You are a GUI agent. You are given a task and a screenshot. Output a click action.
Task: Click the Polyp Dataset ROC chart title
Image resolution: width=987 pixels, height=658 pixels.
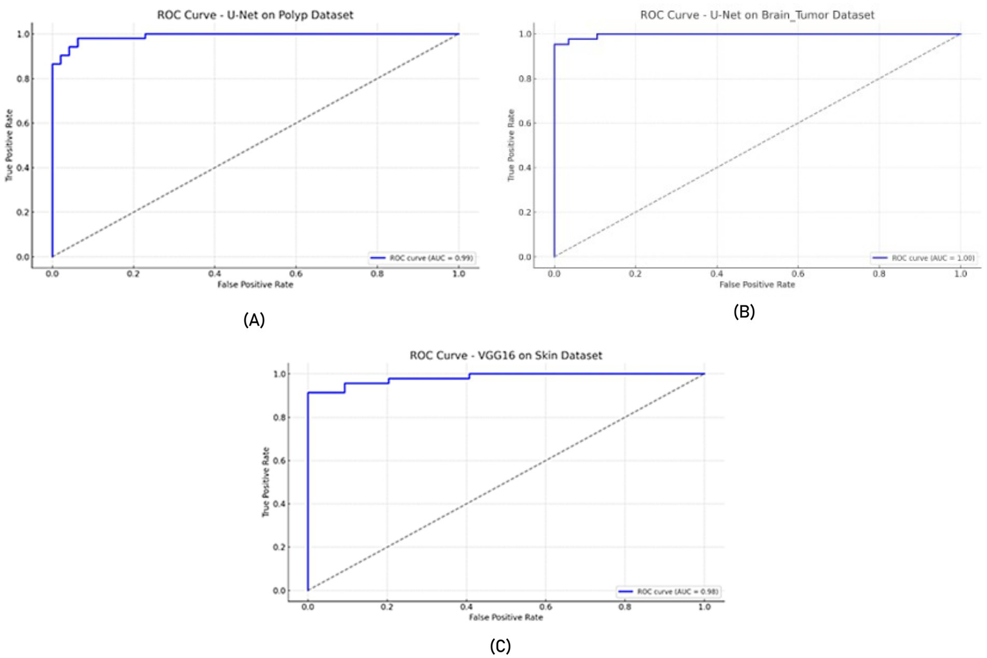pyautogui.click(x=255, y=15)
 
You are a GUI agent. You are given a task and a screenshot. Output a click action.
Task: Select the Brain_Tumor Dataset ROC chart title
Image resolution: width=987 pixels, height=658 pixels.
pyautogui.click(x=757, y=15)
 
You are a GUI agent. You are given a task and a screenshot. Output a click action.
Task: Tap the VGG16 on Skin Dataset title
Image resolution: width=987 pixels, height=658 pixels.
pyautogui.click(x=506, y=355)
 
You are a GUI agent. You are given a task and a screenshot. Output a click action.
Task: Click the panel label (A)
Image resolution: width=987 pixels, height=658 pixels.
pyautogui.click(x=254, y=320)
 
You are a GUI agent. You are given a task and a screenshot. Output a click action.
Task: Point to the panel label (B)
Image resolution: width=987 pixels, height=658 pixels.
pyautogui.click(x=744, y=311)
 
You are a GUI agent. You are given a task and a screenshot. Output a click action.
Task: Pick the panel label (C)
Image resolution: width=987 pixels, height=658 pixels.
pyautogui.click(x=500, y=646)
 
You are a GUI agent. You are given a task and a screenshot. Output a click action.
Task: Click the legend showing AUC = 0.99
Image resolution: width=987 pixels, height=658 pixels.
pyautogui.click(x=422, y=258)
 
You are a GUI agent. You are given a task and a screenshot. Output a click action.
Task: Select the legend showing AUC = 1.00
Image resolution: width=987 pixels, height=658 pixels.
pyautogui.click(x=924, y=258)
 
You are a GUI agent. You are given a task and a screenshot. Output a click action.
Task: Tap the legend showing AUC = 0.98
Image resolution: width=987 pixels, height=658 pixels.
pyautogui.click(x=669, y=591)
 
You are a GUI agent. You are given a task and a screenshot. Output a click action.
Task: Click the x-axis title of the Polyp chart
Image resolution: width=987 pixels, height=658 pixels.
pyautogui.click(x=255, y=284)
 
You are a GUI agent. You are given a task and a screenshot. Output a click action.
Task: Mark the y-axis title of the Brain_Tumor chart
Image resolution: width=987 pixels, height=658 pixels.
pyautogui.click(x=511, y=145)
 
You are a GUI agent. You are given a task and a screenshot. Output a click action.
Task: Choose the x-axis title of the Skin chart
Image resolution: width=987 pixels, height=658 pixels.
pyautogui.click(x=506, y=617)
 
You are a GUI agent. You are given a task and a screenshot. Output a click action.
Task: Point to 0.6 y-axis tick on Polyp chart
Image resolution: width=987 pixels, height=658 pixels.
pyautogui.click(x=24, y=123)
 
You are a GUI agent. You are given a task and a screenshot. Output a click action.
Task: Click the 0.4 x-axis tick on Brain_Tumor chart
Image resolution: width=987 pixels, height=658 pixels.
pyautogui.click(x=716, y=273)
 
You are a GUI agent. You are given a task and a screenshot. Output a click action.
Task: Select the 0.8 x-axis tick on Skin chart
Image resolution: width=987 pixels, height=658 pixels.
pyautogui.click(x=625, y=607)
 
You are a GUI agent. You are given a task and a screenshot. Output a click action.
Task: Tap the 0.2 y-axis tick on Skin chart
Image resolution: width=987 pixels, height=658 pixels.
pyautogui.click(x=280, y=547)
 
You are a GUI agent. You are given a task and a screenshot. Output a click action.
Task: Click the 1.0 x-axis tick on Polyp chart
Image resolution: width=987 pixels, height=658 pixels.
pyautogui.click(x=458, y=273)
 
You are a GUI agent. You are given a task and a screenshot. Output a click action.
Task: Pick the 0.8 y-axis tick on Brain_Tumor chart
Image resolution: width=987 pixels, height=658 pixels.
pyautogui.click(x=525, y=78)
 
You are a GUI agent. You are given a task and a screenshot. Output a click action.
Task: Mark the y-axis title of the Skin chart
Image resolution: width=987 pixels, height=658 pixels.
pyautogui.click(x=266, y=482)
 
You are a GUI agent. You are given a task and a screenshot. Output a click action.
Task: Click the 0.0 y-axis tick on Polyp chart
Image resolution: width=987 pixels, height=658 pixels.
pyautogui.click(x=24, y=257)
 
